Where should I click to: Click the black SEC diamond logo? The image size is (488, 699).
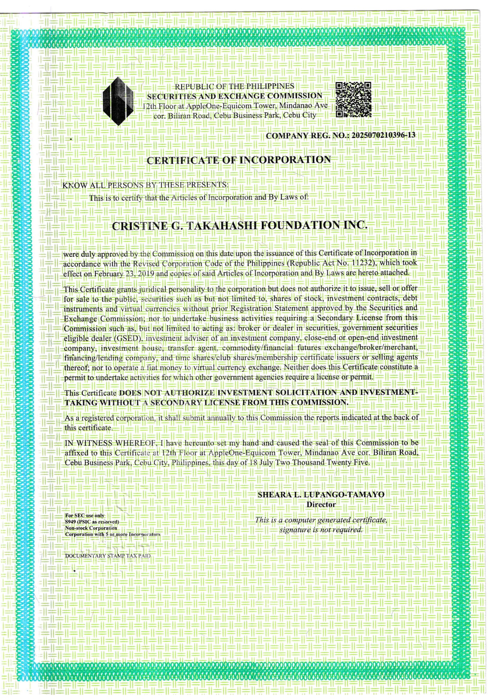pos(118,101)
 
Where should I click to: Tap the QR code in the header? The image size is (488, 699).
pos(353,100)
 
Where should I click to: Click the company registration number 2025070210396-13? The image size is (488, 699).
pos(383,135)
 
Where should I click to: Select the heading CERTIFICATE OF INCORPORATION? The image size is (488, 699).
pos(239,160)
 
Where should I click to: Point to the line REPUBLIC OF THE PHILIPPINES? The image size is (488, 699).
pos(234,86)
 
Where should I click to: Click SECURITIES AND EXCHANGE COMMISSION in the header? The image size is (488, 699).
pos(235,96)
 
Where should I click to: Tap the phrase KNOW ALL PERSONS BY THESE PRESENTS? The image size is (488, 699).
pos(145,185)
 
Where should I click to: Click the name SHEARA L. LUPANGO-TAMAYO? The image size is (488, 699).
pos(321,495)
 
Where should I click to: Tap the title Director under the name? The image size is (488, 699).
pos(321,504)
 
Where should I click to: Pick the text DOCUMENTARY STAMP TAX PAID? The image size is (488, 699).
pos(108,556)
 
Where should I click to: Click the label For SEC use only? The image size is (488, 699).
pos(84,516)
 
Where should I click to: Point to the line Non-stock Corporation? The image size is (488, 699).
pos(91,528)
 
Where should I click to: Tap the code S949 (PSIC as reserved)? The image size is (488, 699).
pos(92,522)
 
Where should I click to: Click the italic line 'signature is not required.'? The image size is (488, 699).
pos(321,529)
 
